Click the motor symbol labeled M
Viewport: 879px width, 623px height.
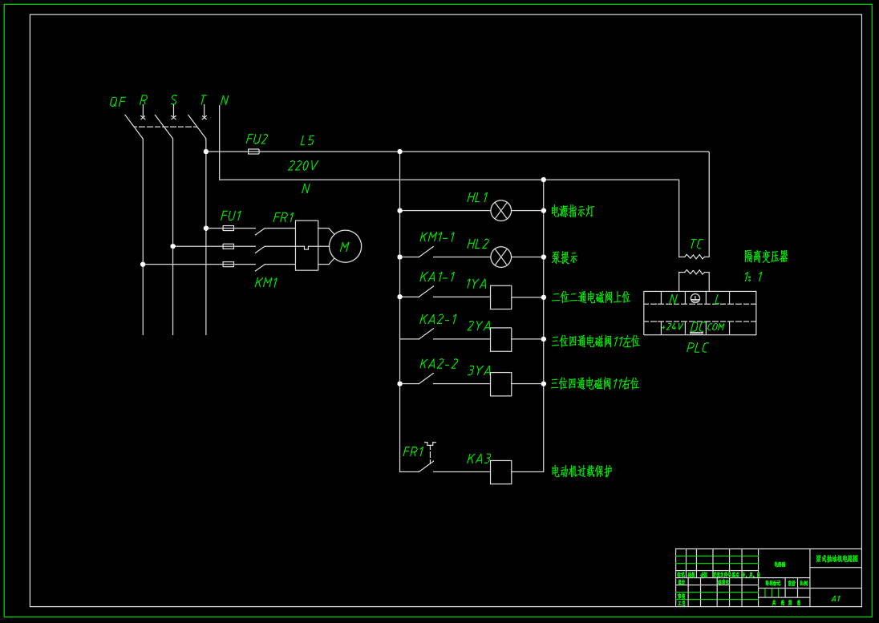point(345,246)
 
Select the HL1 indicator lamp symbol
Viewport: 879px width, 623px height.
point(500,211)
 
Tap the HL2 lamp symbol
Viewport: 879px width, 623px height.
point(500,257)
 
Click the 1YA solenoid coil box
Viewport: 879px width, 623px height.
point(500,297)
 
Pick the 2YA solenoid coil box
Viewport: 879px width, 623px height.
point(500,339)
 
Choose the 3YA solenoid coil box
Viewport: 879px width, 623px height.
point(500,384)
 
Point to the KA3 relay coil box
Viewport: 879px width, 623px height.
point(500,472)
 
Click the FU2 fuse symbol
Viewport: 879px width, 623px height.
point(253,151)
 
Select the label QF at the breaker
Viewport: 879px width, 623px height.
point(117,102)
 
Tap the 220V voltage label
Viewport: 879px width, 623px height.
point(302,166)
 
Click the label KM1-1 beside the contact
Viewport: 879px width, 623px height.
point(437,237)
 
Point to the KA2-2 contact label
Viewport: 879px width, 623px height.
point(439,364)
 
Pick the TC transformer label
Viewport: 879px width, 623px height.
point(696,244)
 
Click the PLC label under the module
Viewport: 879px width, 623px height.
point(697,348)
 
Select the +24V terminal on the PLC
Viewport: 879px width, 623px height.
point(672,327)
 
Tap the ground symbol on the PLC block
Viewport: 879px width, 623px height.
point(695,299)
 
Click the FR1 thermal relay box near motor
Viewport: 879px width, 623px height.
point(306,245)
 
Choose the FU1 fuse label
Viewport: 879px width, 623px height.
point(231,216)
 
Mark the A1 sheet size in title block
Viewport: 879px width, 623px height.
point(835,598)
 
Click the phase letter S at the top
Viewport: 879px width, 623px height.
point(173,100)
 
